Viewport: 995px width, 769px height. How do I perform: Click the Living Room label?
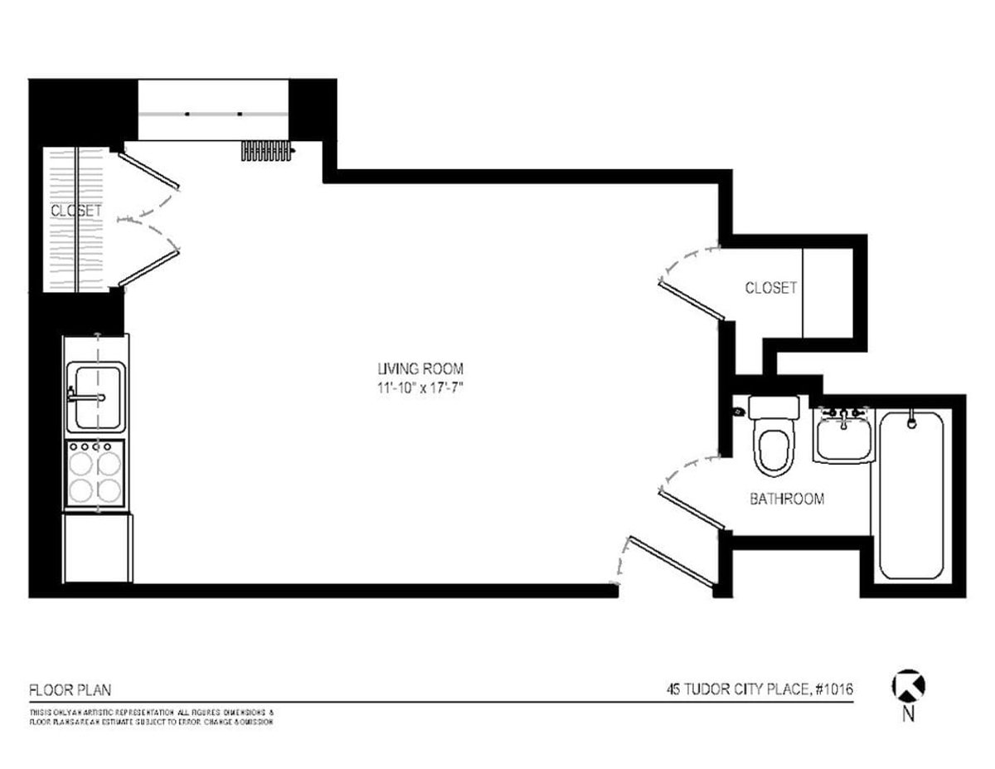click(x=420, y=369)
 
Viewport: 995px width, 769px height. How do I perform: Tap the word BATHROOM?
click(x=787, y=499)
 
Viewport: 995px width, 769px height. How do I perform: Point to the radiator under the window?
click(x=268, y=150)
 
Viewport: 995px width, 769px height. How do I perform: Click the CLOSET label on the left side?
click(x=76, y=211)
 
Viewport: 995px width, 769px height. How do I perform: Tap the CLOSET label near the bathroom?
click(x=770, y=288)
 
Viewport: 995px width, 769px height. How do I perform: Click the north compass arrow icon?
click(x=908, y=686)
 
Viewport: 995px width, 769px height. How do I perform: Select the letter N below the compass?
click(x=909, y=713)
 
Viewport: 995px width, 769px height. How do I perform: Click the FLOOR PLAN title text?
click(x=70, y=689)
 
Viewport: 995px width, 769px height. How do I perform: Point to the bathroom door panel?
click(x=692, y=509)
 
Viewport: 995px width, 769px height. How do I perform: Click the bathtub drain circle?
click(x=911, y=423)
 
